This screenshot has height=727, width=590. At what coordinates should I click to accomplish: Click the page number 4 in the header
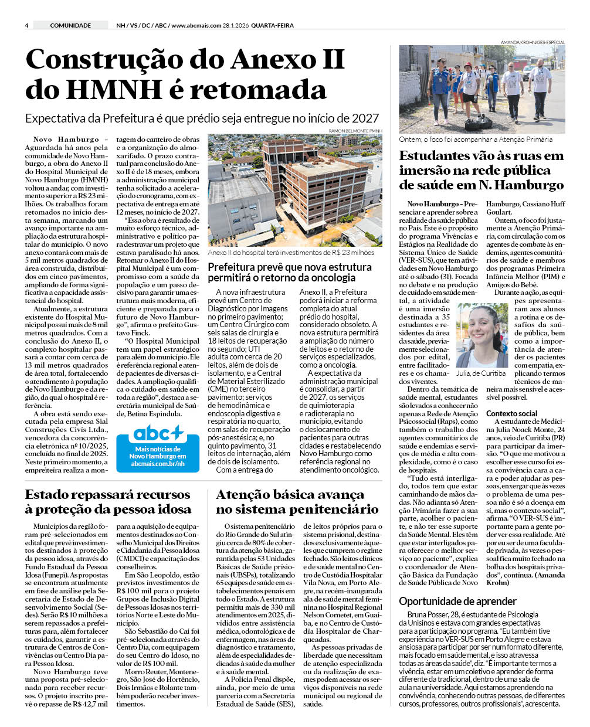click(27, 25)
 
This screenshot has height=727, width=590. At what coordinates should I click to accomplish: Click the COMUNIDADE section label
click(70, 25)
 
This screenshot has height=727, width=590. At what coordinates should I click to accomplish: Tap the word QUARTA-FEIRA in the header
click(272, 25)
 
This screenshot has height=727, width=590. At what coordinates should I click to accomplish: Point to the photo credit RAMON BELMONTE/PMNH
click(355, 131)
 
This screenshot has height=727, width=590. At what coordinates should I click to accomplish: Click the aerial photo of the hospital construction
click(295, 191)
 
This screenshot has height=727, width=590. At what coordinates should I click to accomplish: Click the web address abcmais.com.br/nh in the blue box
click(158, 463)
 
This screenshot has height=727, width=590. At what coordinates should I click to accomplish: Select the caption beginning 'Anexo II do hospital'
click(291, 253)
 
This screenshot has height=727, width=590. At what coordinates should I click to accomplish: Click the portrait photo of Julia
click(482, 335)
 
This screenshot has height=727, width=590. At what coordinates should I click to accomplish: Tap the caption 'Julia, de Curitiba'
click(481, 373)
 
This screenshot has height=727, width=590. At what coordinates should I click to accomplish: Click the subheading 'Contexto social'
click(511, 413)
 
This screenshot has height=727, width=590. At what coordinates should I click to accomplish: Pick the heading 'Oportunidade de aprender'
click(457, 601)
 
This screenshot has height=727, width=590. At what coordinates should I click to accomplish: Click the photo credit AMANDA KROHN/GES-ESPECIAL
click(533, 42)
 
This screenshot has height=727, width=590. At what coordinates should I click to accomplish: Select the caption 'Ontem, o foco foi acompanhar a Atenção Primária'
click(476, 140)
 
